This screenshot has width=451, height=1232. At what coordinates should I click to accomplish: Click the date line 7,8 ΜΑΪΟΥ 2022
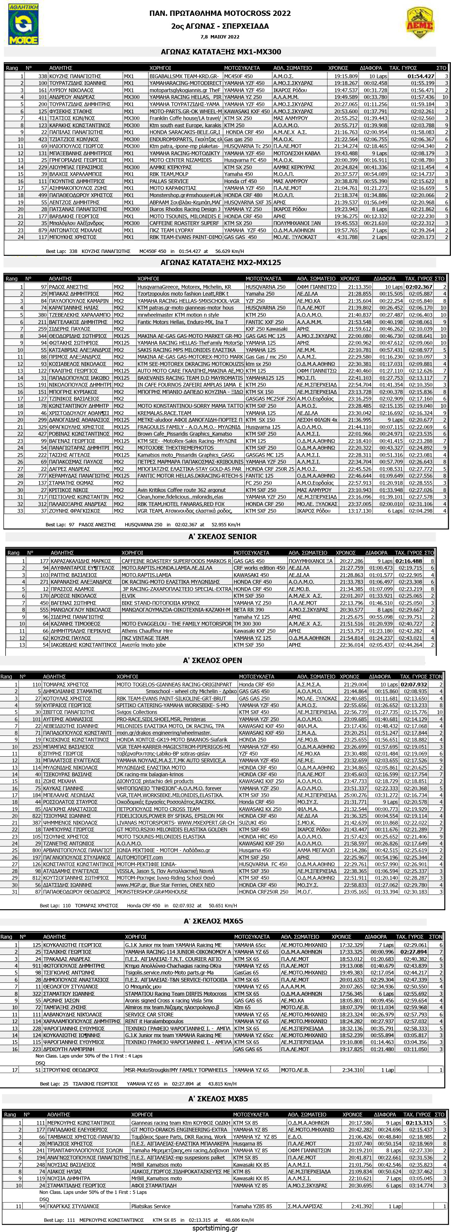220,37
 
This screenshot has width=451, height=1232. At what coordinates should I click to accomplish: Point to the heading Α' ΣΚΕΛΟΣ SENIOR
222,537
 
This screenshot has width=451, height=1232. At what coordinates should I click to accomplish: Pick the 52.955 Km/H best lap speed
227,525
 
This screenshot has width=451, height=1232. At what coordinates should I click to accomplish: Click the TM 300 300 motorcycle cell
247,624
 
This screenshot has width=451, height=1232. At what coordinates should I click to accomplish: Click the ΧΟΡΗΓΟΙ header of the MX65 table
135,936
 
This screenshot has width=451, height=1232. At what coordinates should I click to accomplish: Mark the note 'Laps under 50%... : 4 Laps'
89,1056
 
